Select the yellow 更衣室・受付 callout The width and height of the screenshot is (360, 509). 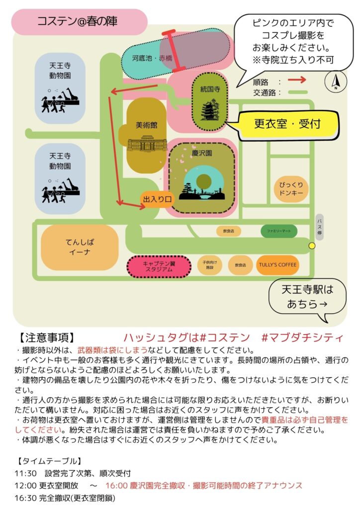point(287,124)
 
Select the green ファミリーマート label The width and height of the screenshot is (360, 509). point(279,231)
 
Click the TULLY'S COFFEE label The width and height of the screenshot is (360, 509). point(277,265)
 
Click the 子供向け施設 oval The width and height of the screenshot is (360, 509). point(209,264)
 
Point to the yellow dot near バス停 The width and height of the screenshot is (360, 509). point(312,246)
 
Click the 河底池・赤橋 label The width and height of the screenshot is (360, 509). point(152,58)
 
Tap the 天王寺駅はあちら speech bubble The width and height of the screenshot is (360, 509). point(307,297)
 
